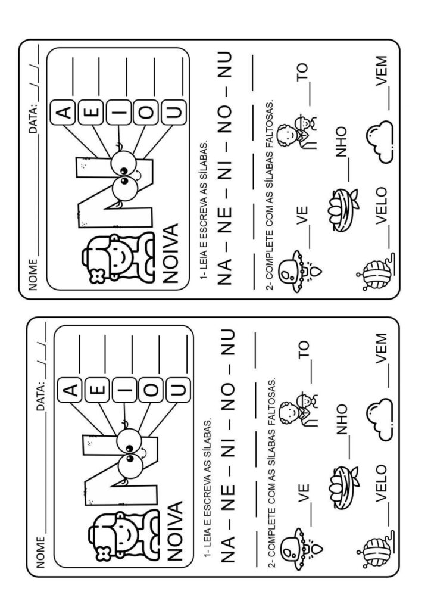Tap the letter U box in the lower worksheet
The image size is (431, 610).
(x=178, y=390)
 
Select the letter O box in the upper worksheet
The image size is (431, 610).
(x=146, y=112)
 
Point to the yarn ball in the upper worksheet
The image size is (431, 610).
(x=374, y=270)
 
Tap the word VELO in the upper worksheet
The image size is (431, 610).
(x=382, y=206)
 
